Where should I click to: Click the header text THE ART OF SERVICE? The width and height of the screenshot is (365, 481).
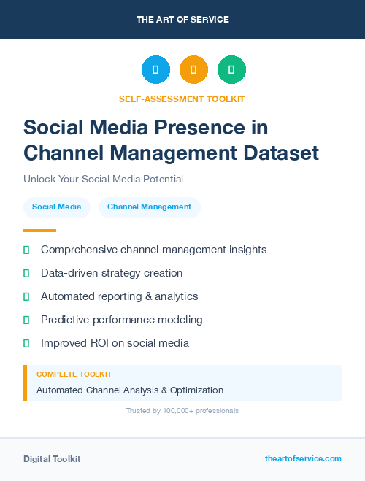coord(182,20)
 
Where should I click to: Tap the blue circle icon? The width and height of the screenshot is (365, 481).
coord(155,70)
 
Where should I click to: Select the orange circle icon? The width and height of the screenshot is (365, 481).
coord(193,70)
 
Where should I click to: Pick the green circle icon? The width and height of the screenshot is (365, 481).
coord(231,70)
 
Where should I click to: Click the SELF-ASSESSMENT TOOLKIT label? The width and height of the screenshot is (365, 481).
coord(182,99)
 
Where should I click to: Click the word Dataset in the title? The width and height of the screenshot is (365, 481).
coord(282,153)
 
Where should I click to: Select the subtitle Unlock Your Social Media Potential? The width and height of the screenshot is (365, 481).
coord(103,179)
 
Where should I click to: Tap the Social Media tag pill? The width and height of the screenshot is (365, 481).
coord(57,207)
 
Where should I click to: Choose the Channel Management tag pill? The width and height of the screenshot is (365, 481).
coord(149,207)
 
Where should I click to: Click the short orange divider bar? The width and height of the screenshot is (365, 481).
coord(39,231)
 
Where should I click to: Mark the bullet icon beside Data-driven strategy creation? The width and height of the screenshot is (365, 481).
coord(26,273)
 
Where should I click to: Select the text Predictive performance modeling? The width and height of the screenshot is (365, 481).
coord(122,320)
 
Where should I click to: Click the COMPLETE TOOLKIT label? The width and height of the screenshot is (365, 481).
coord(74,374)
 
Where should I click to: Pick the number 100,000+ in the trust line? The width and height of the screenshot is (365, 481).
coord(173,411)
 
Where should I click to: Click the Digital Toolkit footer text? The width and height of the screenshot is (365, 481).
coord(52,459)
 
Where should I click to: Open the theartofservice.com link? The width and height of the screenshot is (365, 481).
coord(303,458)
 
